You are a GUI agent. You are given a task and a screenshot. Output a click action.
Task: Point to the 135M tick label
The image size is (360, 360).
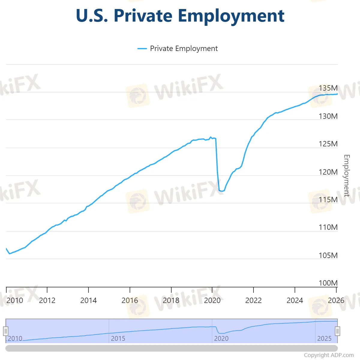pos(328,88)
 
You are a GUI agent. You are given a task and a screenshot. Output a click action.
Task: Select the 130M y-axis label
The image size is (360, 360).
pos(328,116)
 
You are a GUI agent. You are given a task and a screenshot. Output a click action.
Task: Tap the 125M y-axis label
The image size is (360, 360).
pos(328,144)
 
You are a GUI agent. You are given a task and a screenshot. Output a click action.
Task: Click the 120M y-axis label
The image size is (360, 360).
pos(328,172)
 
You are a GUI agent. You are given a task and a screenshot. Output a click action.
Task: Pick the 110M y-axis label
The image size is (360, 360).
pos(328,227)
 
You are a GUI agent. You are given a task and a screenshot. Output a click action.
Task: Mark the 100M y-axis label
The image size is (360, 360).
pos(328,283)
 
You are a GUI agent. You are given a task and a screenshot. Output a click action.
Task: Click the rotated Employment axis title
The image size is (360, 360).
pos(347,175)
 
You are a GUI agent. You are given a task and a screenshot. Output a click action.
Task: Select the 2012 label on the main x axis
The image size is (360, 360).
pos(47,300)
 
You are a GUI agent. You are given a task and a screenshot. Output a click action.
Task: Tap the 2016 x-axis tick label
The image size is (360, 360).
pos(130,300)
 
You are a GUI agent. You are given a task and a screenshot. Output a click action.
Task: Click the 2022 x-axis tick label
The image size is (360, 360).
pos(253,300)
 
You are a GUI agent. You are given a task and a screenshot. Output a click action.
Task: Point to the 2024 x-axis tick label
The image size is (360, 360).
pos(295,300)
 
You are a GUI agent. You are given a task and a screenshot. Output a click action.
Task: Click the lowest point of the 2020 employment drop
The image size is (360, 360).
pos(222,191)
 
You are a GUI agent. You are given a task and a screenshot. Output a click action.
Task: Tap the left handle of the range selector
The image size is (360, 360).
pos(6,331)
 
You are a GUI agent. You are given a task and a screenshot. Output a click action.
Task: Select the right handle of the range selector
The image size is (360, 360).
pos(337,331)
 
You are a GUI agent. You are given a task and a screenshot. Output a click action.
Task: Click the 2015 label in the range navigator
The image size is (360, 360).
pos(118,338)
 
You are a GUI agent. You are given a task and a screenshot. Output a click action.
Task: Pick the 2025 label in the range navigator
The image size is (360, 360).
pos(324,338)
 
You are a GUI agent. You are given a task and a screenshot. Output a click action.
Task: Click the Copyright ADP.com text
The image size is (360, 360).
pos(329,355)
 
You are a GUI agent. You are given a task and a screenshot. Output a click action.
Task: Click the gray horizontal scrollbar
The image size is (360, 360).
pos(172,348)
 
